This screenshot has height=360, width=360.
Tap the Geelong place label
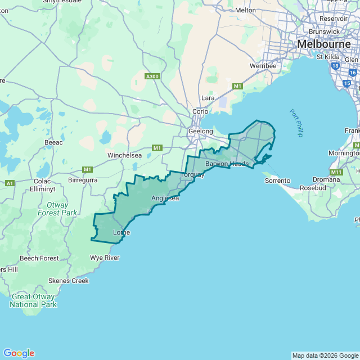coord(200,131)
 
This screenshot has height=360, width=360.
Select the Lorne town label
coord(121,232)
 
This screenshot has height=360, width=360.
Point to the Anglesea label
coord(165,199)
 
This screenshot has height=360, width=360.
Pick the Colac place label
coord(42,181)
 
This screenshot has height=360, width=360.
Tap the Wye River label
coord(105,258)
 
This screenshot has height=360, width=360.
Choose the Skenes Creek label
coord(69,281)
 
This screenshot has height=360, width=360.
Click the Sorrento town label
coord(277,181)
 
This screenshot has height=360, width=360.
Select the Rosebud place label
coord(314,187)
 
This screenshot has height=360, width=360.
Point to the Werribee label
coord(263,66)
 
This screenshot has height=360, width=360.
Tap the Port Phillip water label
coord(296,123)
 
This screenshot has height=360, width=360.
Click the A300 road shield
coord(152,76)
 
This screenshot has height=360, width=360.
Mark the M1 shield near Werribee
coord(237,86)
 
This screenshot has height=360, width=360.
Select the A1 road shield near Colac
coord(10,183)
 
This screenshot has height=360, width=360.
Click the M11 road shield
coord(336,172)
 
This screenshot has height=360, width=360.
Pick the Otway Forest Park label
coord(57,209)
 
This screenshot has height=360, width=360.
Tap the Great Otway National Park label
coord(33,300)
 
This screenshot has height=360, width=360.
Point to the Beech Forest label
coord(39,258)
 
